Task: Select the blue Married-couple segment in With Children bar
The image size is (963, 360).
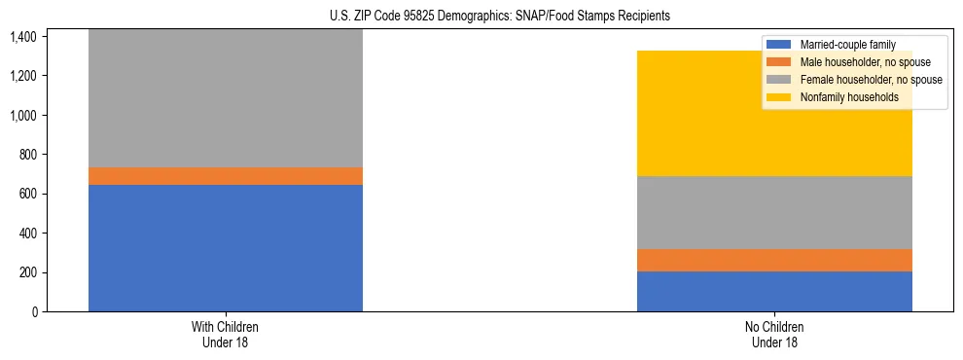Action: point(226,248)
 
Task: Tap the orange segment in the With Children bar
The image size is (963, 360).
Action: point(226,176)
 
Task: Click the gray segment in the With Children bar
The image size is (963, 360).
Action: point(226,97)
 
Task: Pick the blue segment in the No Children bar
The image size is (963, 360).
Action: point(774,291)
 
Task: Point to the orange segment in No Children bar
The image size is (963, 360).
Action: point(774,260)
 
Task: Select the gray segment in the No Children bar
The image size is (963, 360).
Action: point(774,212)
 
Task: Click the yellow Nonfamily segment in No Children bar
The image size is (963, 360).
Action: point(774,113)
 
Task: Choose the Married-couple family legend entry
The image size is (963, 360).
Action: point(847,45)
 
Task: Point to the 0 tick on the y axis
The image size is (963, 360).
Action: point(34,312)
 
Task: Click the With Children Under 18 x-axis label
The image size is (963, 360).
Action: point(226,335)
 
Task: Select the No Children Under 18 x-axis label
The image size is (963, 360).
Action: point(774,335)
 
